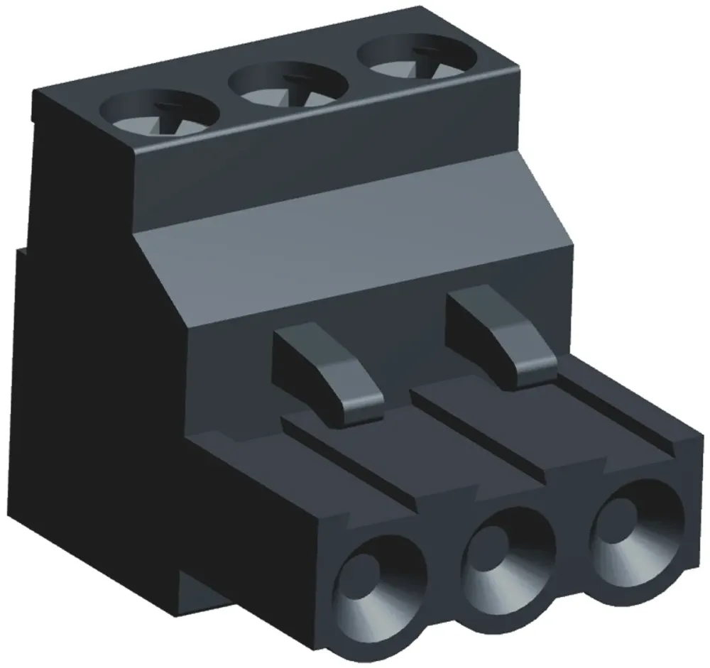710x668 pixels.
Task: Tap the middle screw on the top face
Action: (288, 84)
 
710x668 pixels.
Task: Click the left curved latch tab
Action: (328, 369)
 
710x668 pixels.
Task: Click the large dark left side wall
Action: (92, 398)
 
